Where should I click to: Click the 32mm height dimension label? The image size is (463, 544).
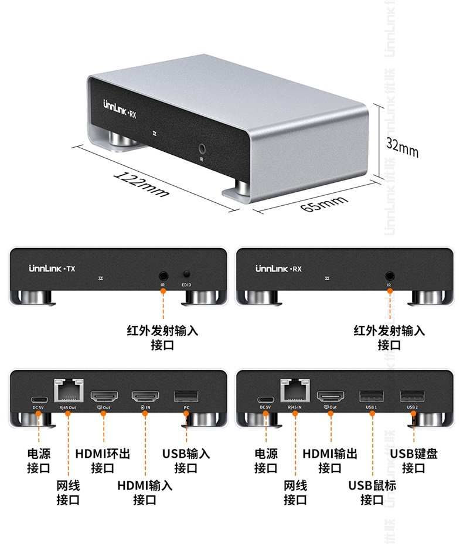tap(402, 147)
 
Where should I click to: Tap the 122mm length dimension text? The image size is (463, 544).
tap(142, 183)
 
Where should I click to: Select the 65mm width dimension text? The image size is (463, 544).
tap(324, 206)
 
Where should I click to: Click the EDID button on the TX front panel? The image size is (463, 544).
tap(187, 274)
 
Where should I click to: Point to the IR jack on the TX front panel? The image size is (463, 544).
tap(163, 274)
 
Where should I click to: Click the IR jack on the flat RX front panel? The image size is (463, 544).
tap(389, 274)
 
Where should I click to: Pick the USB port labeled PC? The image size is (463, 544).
tap(186, 396)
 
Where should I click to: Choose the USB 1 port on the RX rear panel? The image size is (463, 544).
tap(371, 396)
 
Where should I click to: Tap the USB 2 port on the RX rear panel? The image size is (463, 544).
tap(412, 396)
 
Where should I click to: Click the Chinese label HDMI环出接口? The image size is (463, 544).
tap(103, 461)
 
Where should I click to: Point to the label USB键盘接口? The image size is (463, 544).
tap(414, 461)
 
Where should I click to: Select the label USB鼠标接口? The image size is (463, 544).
tap(372, 492)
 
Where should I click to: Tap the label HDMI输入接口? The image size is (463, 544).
tap(145, 492)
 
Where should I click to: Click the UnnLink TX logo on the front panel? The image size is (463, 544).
tap(52, 269)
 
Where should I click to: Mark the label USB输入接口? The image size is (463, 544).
tap(186, 461)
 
